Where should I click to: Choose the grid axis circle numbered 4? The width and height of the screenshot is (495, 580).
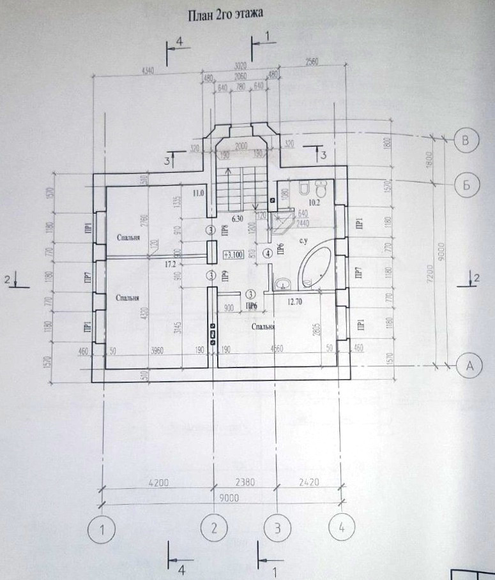[342, 528]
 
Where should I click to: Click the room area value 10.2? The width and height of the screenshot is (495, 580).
[314, 204]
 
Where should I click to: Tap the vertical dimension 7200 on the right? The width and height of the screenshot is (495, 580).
[432, 274]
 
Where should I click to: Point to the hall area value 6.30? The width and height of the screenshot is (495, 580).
[238, 218]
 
